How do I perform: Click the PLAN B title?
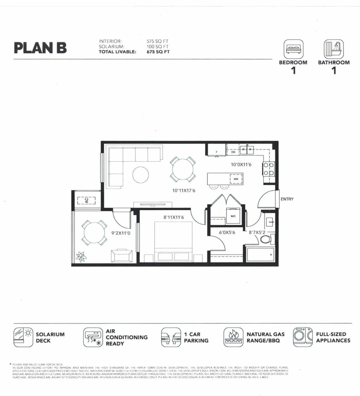(40, 48)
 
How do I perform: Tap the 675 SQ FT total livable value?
(158, 51)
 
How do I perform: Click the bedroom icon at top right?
(293, 49)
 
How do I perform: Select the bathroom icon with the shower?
(334, 49)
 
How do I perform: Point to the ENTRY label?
(287, 199)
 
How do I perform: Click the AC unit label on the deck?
(86, 200)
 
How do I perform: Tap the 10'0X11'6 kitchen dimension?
(241, 164)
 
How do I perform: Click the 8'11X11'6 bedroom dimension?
(174, 218)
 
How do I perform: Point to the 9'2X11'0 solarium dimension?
(121, 233)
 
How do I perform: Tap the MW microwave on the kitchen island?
(236, 179)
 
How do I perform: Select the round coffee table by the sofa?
(141, 175)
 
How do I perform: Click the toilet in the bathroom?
(266, 239)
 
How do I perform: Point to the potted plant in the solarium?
(81, 257)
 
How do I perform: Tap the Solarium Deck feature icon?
(23, 337)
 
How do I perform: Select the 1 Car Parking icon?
(171, 337)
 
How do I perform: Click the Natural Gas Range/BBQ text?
(265, 337)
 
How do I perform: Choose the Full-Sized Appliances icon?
(303, 337)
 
